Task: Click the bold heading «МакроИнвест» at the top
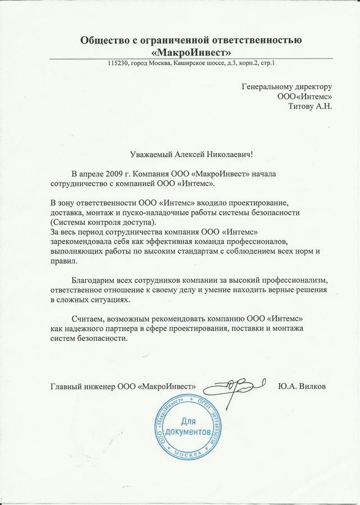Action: point(191,52)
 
